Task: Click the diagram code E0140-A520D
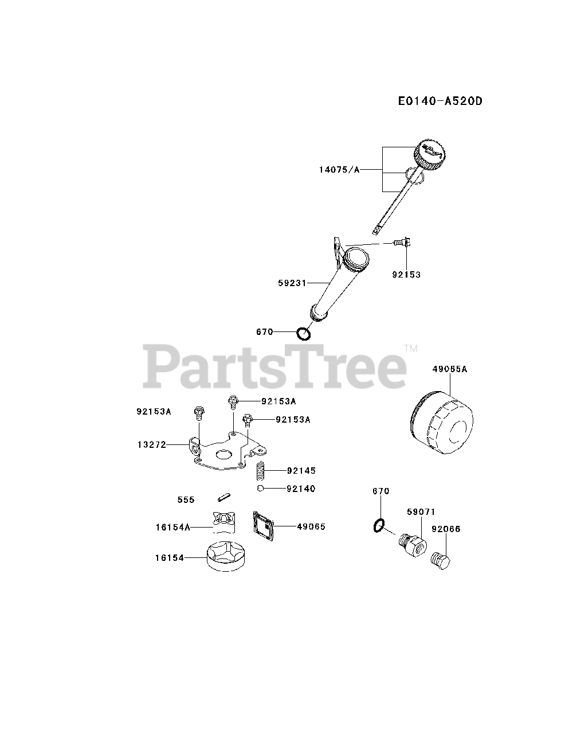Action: (x=440, y=101)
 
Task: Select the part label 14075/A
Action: (x=339, y=170)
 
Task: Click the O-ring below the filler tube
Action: (x=303, y=333)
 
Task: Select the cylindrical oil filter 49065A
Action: (x=441, y=423)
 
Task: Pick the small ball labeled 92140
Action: (x=260, y=489)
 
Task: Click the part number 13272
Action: (x=151, y=444)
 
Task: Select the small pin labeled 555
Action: (x=222, y=495)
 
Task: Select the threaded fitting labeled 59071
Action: (x=411, y=544)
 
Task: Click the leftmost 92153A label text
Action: (x=154, y=411)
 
